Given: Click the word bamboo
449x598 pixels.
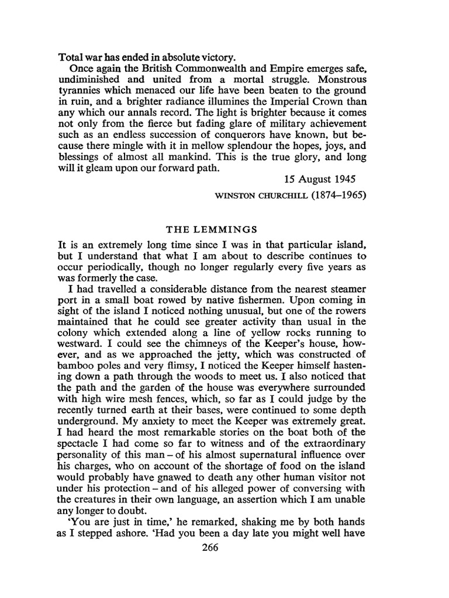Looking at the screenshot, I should click(x=78, y=369).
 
